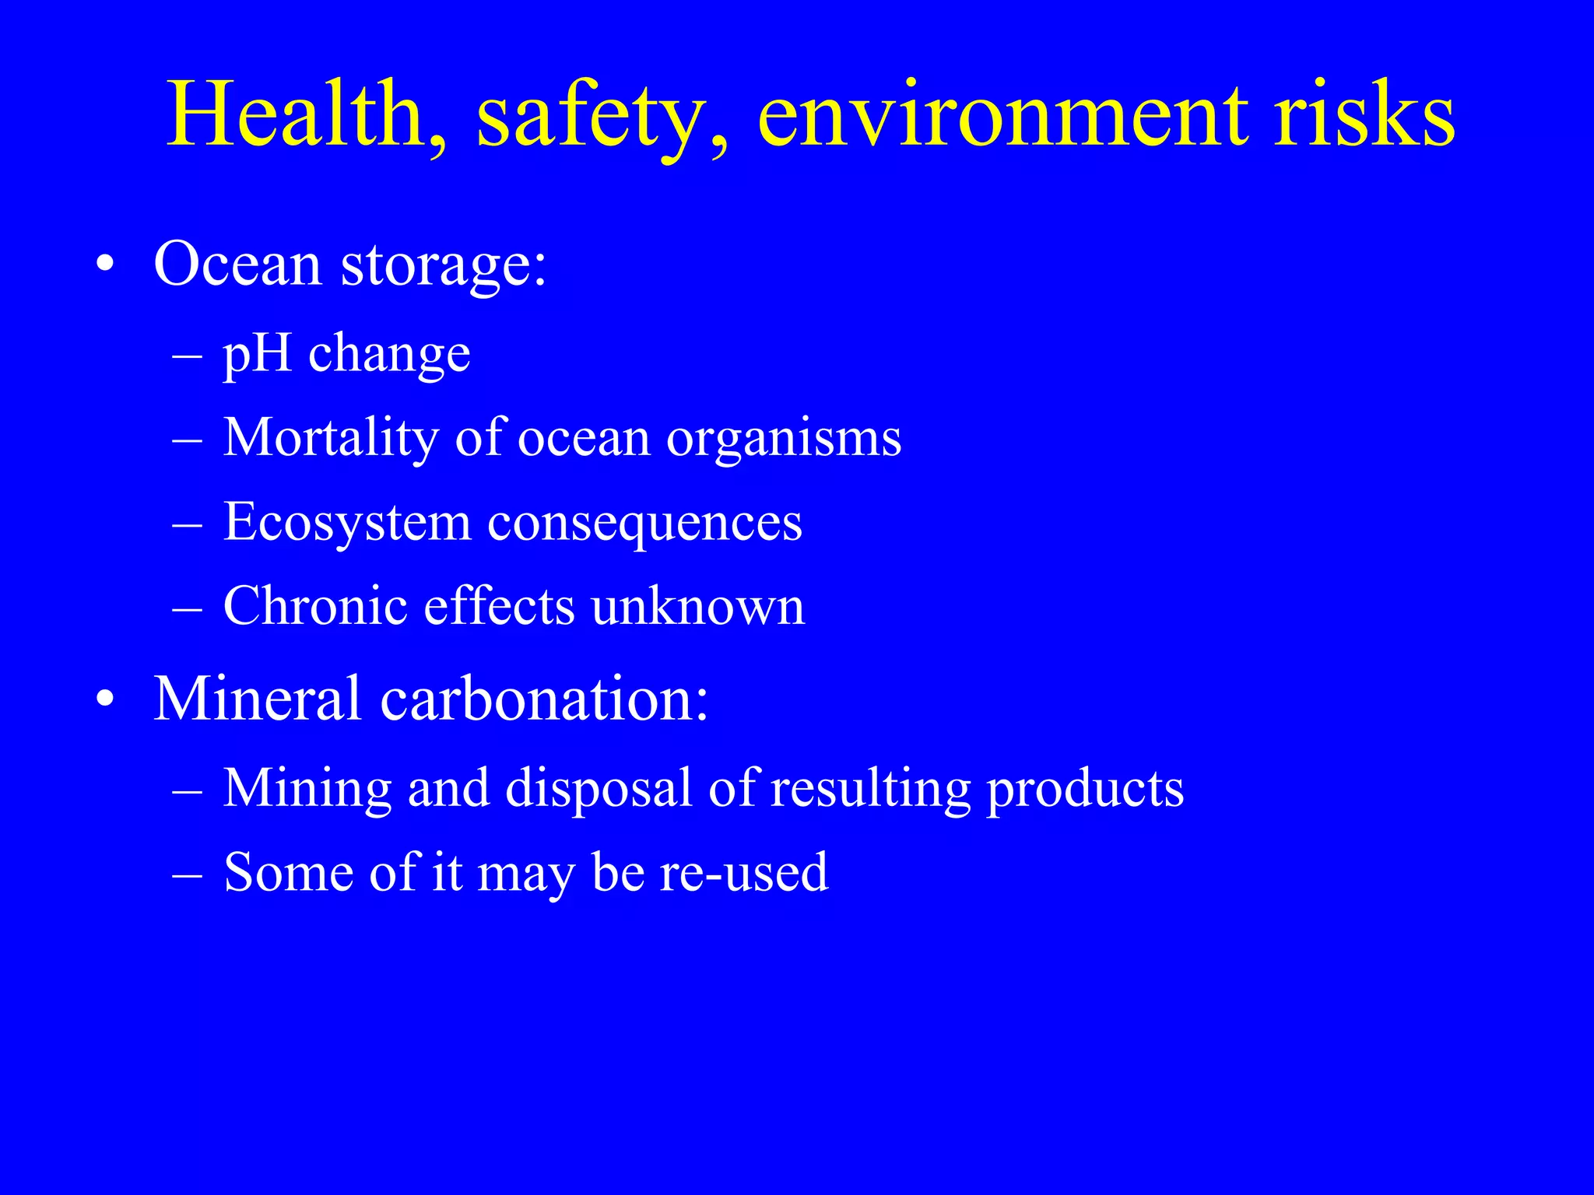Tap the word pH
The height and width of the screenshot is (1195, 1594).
click(257, 355)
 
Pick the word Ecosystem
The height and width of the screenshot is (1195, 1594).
click(347, 523)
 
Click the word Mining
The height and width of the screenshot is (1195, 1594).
click(307, 789)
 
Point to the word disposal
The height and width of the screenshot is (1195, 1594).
click(599, 789)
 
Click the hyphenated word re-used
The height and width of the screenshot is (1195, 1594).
click(743, 872)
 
